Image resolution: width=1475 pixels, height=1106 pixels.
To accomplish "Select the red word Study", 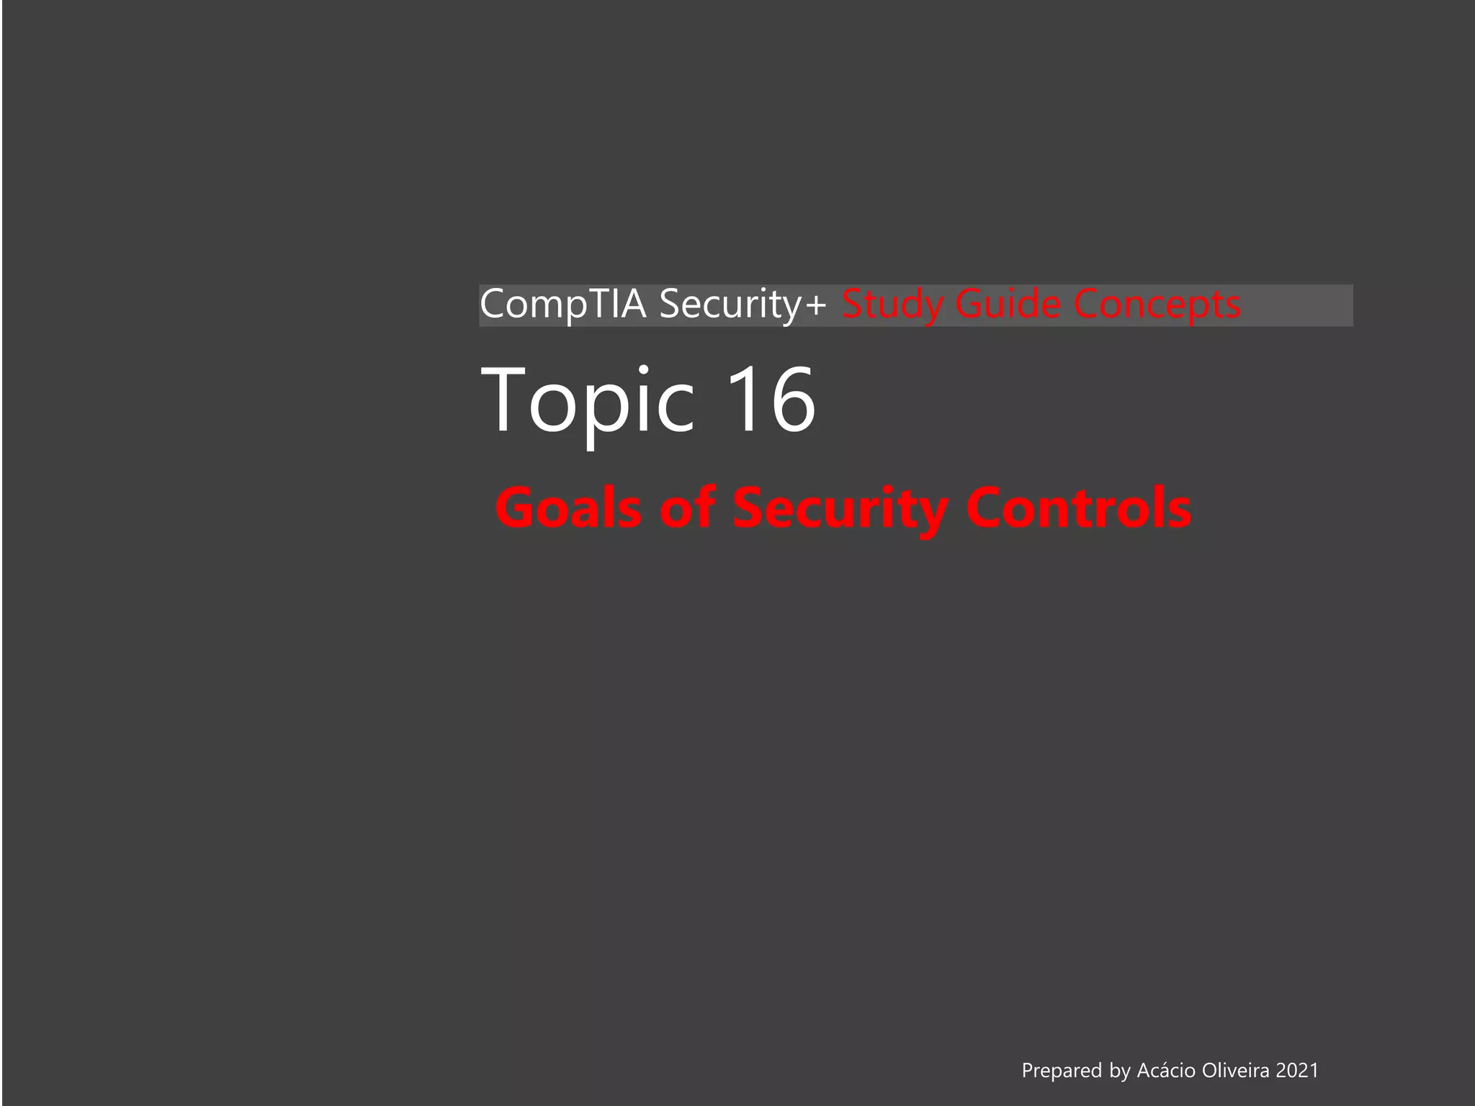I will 892,304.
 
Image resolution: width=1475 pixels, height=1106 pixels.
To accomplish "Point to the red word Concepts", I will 1157,304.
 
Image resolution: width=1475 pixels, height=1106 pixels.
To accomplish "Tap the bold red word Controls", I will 1078,508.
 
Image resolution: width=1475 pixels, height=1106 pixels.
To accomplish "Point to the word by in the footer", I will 1119,1071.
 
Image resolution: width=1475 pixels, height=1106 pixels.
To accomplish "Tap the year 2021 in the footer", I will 1297,1071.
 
